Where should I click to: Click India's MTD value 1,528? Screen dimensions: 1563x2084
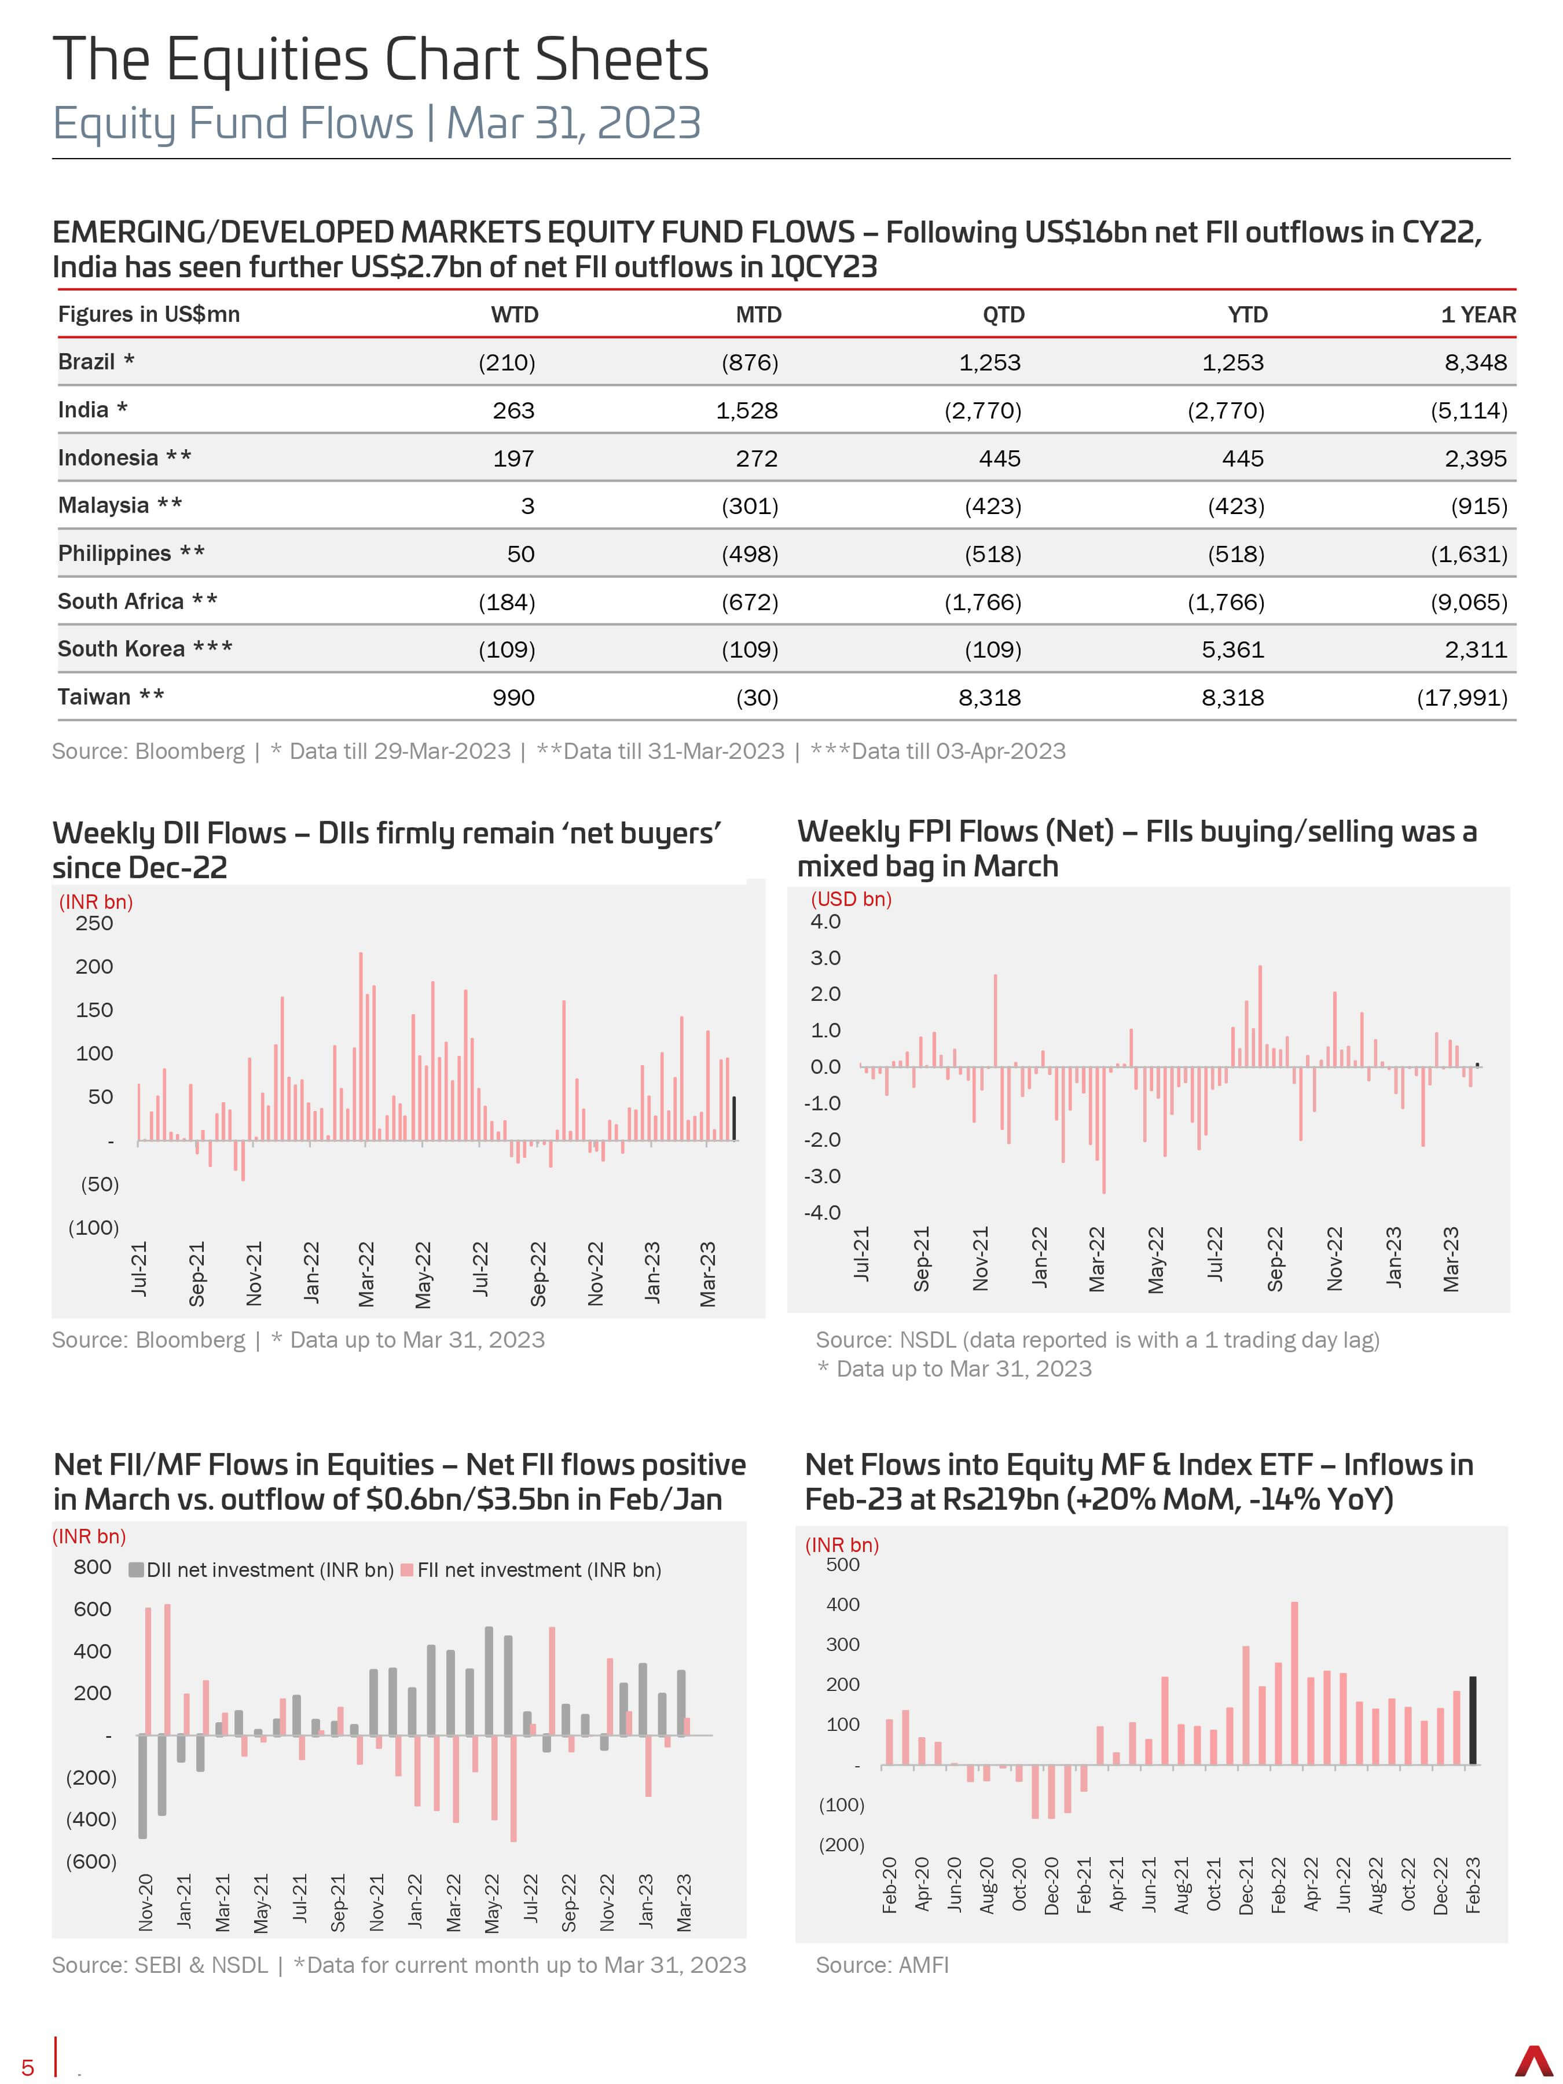point(747,411)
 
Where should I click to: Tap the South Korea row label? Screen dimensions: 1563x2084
point(145,649)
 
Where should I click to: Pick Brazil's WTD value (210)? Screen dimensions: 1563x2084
point(507,363)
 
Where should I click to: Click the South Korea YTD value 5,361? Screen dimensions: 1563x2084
point(1233,650)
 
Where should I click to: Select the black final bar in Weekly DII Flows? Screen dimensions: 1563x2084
point(735,1118)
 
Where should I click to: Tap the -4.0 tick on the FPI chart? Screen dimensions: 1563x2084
point(823,1213)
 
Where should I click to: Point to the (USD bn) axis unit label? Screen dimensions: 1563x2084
point(851,899)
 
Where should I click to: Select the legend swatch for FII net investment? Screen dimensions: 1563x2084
point(407,1569)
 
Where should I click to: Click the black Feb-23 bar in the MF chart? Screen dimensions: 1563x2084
point(1473,1720)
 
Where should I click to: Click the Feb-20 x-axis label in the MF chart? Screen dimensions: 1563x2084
point(889,1884)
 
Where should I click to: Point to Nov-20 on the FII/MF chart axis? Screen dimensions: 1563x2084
point(146,1902)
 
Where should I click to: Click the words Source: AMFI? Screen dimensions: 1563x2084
point(882,1965)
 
